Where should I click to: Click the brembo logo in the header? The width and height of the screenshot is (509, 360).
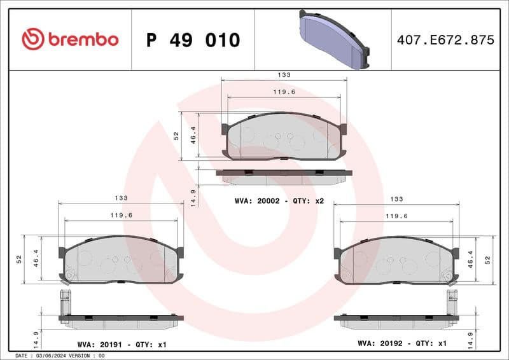(70, 39)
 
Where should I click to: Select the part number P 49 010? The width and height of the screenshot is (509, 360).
(193, 40)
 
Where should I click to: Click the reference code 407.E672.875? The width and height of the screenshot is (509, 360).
(445, 40)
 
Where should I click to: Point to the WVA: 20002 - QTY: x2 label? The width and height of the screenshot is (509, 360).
(279, 201)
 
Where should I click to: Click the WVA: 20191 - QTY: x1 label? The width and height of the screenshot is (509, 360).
(122, 344)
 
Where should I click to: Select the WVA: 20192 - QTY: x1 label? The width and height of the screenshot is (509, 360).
(402, 344)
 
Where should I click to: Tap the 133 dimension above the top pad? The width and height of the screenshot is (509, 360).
(284, 75)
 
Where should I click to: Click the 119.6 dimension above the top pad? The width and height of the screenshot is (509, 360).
(284, 92)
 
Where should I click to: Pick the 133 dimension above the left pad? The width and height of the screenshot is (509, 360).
(121, 198)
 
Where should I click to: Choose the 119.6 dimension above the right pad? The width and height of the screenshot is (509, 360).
(396, 216)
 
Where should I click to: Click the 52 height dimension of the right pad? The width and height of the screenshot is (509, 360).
(488, 260)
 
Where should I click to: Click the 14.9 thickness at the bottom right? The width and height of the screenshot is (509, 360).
(470, 338)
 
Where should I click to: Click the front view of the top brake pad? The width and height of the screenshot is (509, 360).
(284, 136)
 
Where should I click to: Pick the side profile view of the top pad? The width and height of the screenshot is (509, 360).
(284, 176)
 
